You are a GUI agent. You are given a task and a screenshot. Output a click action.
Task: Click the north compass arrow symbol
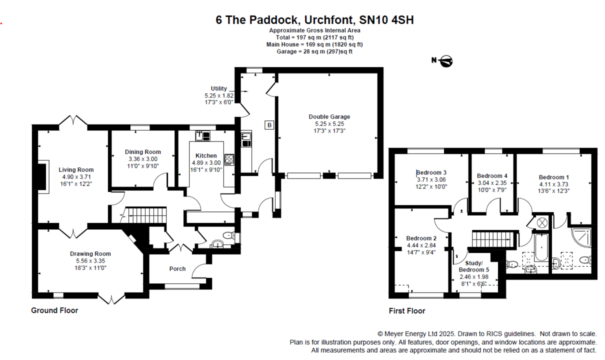tap(443, 61)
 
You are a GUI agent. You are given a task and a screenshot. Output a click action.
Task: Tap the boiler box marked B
tap(269, 125)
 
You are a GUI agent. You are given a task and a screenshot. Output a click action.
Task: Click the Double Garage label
tap(329, 117)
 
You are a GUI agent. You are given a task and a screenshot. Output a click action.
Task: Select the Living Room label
tap(76, 170)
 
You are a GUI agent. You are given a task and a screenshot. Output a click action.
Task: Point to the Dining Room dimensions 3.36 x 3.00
tap(142, 159)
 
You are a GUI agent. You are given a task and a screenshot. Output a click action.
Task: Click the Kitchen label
tap(206, 155)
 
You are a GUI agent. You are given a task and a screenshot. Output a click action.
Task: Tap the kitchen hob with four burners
tap(230, 159)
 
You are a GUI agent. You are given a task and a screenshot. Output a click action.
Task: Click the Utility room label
tap(218, 88)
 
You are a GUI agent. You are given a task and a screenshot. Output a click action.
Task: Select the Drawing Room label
tap(90, 254)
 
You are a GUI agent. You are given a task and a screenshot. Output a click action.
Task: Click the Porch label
tap(177, 268)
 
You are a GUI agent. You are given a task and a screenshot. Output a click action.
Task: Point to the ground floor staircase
tap(145, 216)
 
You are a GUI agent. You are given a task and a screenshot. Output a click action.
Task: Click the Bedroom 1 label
tap(553, 177)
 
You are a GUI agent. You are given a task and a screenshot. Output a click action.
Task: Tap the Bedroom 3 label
tap(431, 172)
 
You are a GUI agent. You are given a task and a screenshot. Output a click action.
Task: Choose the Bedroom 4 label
tap(492, 176)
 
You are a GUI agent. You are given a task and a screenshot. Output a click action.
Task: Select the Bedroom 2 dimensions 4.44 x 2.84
tap(421, 245)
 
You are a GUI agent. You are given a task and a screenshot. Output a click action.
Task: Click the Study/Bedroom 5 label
tap(474, 266)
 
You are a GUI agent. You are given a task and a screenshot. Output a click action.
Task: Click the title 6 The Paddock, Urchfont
tap(314, 20)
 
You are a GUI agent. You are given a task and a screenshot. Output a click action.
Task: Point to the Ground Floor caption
tap(54, 310)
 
